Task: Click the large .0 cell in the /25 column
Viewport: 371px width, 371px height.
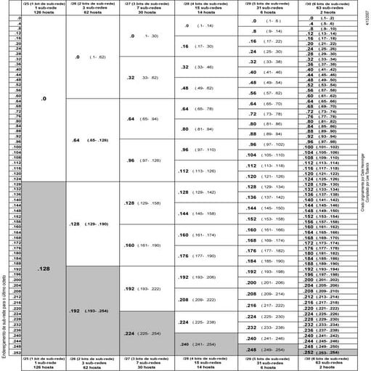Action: (x=44, y=97)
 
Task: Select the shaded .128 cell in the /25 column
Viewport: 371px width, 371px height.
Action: (x=44, y=268)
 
